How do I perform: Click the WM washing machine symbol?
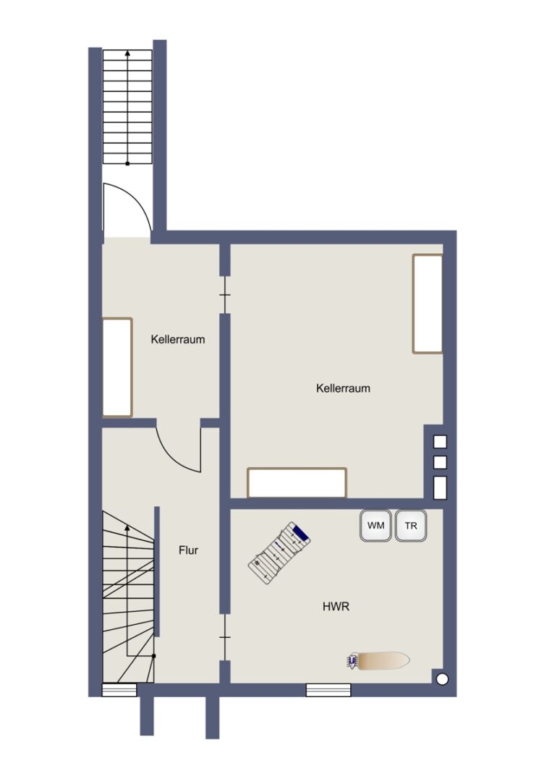click(x=375, y=526)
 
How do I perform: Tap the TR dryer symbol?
click(x=411, y=526)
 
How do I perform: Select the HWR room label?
click(x=336, y=607)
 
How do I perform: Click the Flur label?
click(x=188, y=550)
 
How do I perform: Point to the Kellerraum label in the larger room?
click(x=343, y=388)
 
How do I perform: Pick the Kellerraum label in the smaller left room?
click(x=178, y=340)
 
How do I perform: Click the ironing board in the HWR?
click(x=378, y=661)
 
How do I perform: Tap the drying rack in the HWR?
click(x=279, y=553)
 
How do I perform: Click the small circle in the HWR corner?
click(x=441, y=679)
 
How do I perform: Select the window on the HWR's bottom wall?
click(x=328, y=690)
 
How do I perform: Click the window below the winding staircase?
click(x=119, y=690)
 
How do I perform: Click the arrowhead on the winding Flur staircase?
click(x=127, y=527)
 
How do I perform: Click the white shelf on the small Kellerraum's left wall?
click(x=117, y=367)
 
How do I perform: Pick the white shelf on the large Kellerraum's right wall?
click(x=428, y=304)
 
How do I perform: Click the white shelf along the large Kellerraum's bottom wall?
click(x=297, y=482)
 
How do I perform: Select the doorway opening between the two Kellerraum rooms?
click(x=225, y=295)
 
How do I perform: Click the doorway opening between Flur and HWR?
click(x=225, y=637)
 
